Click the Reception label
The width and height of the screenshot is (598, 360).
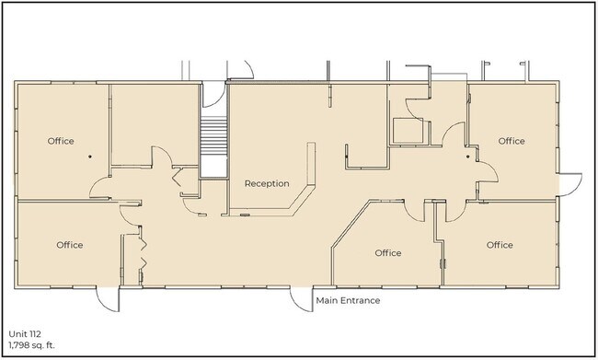pos(267,183)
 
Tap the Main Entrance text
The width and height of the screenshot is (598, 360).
pos(348,300)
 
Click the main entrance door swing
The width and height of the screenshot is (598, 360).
pos(301,298)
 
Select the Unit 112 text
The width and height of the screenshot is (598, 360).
pos(25,334)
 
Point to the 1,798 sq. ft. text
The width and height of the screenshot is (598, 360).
pos(31,345)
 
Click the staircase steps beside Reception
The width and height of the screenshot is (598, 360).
pos(213,135)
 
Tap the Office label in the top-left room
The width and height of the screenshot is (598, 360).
pos(61,141)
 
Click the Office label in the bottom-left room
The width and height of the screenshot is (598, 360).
pos(69,245)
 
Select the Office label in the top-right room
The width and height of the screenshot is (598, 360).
pos(512,141)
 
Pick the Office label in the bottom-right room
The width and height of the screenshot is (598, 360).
pos(500,245)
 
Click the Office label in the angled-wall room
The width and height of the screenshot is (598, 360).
pos(388,252)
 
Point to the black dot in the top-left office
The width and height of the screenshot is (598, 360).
pos(90,157)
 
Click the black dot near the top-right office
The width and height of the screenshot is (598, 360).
pos(468,157)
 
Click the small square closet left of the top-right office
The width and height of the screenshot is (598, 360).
pos(408,131)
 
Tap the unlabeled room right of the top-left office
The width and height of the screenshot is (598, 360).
pos(155,124)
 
